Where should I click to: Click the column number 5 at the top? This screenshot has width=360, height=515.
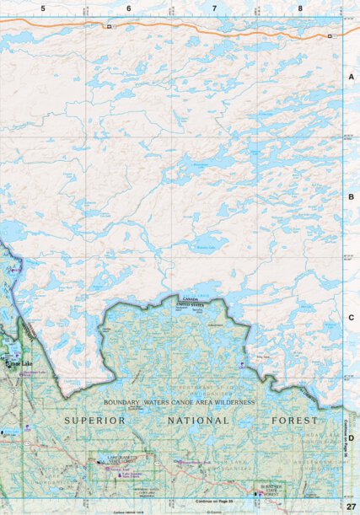pyautogui.click(x=43, y=8)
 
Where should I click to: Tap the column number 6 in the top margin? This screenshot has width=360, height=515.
pyautogui.click(x=129, y=8)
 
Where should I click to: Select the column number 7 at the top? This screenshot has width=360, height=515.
pyautogui.click(x=215, y=8)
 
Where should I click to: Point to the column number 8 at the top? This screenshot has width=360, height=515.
pyautogui.click(x=300, y=8)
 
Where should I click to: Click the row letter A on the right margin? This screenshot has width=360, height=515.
pyautogui.click(x=351, y=77)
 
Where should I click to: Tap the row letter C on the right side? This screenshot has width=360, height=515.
pyautogui.click(x=351, y=317)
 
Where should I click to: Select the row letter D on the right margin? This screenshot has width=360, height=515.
pyautogui.click(x=351, y=437)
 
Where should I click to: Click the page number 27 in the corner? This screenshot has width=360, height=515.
pyautogui.click(x=351, y=506)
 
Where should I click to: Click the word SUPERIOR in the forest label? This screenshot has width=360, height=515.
pyautogui.click(x=95, y=420)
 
